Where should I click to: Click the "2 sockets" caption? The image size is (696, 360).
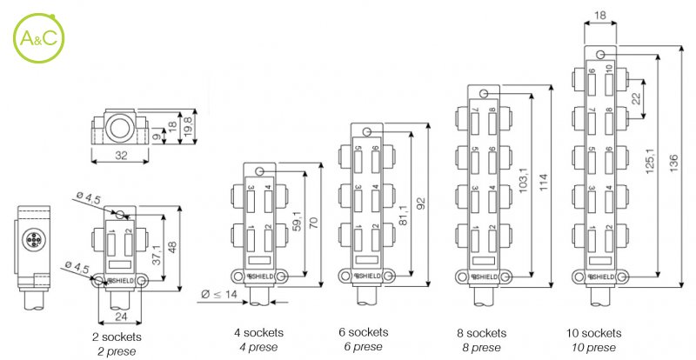[117, 336]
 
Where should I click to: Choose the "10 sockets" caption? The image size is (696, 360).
[593, 333]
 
